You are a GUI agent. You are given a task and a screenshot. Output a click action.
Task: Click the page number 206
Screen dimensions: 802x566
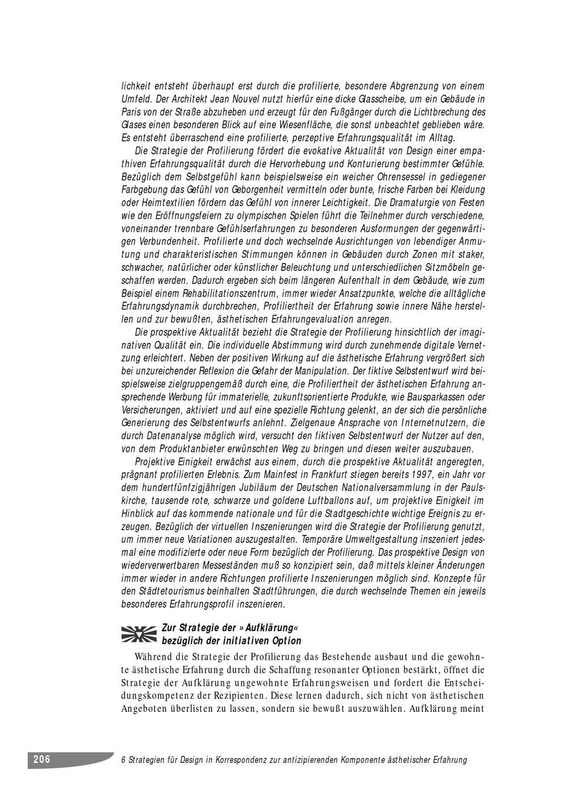pyautogui.click(x=42, y=759)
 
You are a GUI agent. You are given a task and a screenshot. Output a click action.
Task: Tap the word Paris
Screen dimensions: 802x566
pyautogui.click(x=132, y=112)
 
